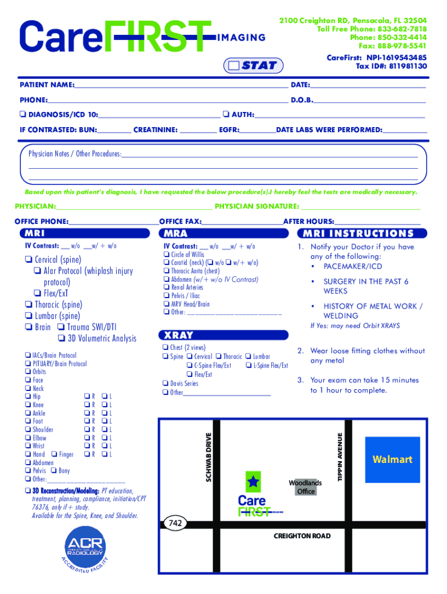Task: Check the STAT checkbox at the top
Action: tap(235, 66)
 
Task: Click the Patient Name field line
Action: tap(180, 86)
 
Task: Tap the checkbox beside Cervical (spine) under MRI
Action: tap(28, 260)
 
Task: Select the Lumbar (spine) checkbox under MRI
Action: tap(28, 316)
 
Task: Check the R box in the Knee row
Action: tap(86, 405)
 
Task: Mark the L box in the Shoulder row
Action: tap(103, 430)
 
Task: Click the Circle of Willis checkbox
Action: tap(167, 255)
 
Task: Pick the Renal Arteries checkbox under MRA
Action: tap(167, 287)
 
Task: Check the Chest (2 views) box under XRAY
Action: tap(165, 347)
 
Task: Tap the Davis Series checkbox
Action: tap(165, 383)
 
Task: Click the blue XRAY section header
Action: tap(223, 335)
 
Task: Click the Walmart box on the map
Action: tap(392, 460)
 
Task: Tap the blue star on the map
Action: tap(253, 481)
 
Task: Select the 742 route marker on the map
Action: tap(176, 523)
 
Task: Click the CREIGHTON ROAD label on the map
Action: tap(302, 536)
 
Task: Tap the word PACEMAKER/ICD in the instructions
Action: tap(353, 267)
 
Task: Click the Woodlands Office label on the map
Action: tap(305, 487)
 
